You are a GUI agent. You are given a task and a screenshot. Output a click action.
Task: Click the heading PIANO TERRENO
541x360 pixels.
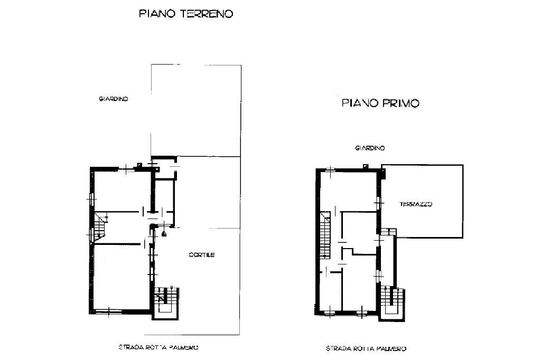[x=185, y=14]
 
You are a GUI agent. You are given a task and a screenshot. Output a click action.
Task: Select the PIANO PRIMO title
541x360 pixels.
[x=380, y=103]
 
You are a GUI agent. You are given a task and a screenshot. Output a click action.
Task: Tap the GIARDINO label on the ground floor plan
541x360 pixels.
[x=114, y=99]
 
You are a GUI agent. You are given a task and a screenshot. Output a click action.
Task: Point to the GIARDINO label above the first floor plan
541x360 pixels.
[x=370, y=148]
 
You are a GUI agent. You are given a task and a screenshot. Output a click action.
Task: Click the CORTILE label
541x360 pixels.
[x=202, y=255]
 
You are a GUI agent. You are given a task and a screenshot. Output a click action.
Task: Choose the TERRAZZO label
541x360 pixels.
[x=416, y=204]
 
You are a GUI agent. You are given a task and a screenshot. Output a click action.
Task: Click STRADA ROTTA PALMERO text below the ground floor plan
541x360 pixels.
[x=158, y=347]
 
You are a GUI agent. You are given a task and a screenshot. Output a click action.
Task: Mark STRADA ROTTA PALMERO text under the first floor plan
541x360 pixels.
[x=366, y=348]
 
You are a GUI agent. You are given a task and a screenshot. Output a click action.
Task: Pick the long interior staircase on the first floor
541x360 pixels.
[x=325, y=238]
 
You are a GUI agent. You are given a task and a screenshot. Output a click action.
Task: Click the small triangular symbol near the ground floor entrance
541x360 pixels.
[x=164, y=234]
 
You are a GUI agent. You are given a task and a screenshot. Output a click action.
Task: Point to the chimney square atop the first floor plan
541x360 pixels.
[x=365, y=167]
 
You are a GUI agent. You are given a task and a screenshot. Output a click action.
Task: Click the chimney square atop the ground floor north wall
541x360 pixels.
[x=139, y=165]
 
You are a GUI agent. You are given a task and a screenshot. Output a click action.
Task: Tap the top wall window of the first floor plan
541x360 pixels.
[x=330, y=170]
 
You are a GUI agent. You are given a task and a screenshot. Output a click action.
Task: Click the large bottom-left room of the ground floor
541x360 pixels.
[x=119, y=277]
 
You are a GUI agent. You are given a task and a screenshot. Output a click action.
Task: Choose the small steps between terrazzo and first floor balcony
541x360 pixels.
[x=389, y=231]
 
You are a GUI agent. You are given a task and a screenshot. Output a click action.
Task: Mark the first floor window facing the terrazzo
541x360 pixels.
[x=378, y=202]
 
